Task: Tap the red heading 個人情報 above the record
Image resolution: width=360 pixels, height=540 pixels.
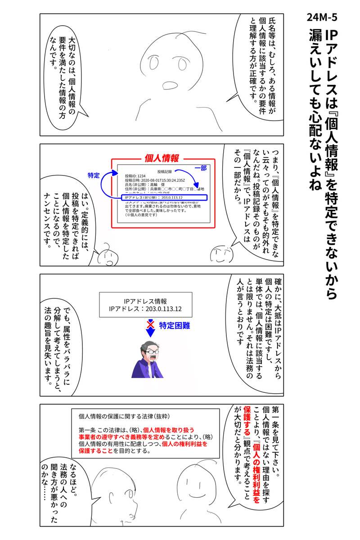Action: [x=162, y=158]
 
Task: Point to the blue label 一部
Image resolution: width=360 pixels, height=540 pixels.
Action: [x=200, y=167]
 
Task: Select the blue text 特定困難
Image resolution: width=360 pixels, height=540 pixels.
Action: [x=173, y=324]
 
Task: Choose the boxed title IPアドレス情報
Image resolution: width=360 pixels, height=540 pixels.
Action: [x=146, y=301]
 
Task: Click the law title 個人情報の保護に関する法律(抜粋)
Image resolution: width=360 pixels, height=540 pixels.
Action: [x=123, y=416]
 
